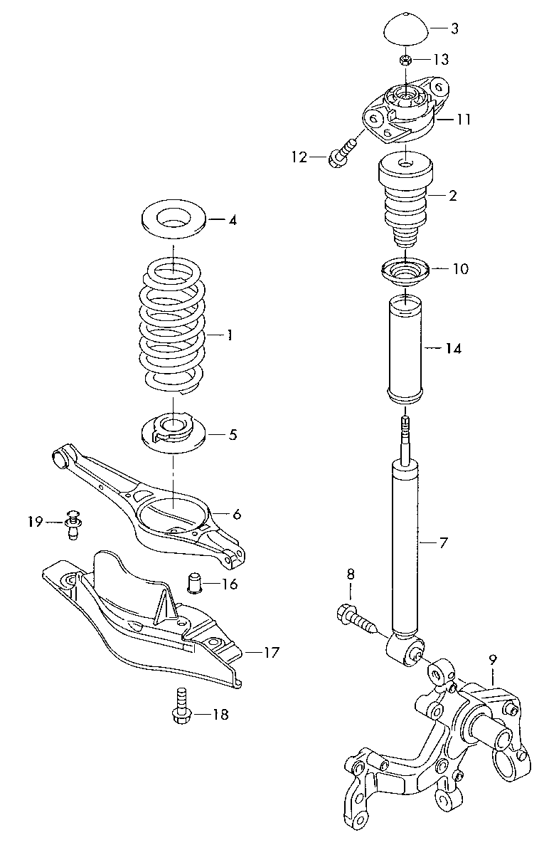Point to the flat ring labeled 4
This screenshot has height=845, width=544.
click(174, 220)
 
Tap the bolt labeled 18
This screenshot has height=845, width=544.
click(181, 708)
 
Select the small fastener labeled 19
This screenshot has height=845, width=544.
click(72, 523)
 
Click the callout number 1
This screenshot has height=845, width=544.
click(229, 335)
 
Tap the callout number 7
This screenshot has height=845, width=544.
click(442, 543)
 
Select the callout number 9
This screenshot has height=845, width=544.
click(493, 660)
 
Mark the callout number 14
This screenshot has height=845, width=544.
click(453, 349)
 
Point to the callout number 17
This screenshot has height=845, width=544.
click(271, 651)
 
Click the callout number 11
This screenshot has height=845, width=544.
click(463, 120)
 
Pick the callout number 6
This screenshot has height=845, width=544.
click(237, 513)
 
